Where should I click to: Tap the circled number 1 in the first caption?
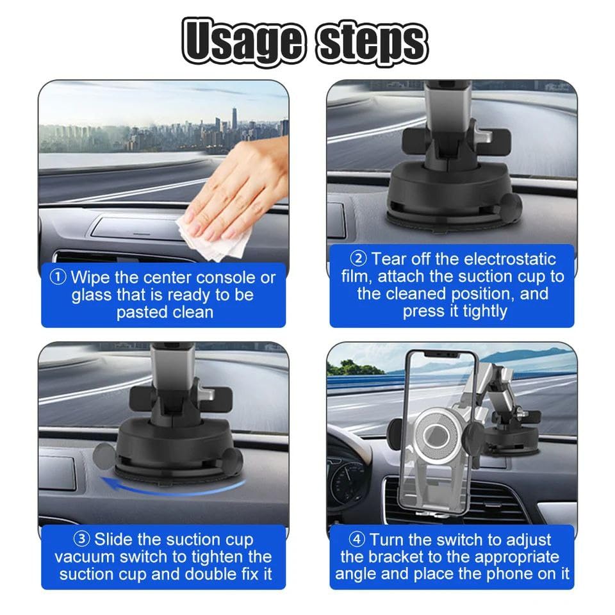click(58, 277)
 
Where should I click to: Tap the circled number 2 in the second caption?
click(358, 259)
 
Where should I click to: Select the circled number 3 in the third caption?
click(81, 539)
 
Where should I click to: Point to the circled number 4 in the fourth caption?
click(357, 539)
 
